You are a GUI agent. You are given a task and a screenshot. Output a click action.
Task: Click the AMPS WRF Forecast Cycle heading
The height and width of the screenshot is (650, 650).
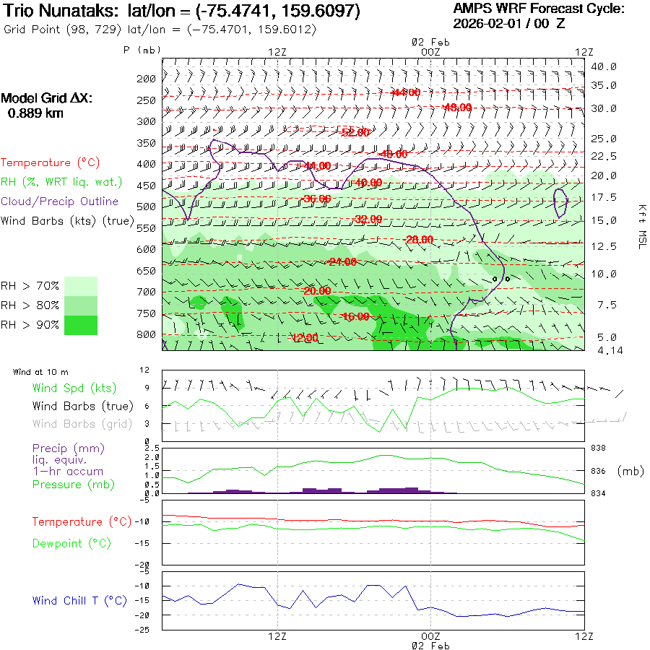tap(539, 9)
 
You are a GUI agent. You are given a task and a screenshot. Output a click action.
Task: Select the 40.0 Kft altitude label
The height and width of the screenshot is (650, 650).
tap(604, 66)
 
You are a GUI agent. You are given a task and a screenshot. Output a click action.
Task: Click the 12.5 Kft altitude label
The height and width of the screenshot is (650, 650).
tap(604, 247)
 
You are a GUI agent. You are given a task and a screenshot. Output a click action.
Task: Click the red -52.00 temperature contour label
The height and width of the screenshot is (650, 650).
tap(354, 132)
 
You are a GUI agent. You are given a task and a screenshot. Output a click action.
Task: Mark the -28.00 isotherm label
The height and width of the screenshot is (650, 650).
tap(419, 240)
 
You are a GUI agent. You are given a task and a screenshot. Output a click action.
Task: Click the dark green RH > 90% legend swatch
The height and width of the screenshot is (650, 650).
tap(81, 325)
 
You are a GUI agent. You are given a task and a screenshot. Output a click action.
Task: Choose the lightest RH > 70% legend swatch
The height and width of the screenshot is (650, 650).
tap(81, 286)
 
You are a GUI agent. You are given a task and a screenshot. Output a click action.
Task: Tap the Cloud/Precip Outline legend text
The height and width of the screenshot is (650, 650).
tap(60, 201)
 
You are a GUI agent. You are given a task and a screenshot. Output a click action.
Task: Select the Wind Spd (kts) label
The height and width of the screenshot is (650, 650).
tap(74, 389)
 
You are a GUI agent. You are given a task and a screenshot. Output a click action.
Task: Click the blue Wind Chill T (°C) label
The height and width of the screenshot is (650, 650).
tap(79, 601)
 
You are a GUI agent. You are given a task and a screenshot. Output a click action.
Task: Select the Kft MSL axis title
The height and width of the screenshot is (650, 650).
tap(641, 227)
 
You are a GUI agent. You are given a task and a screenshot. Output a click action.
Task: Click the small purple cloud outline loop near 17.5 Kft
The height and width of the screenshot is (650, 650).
tap(560, 202)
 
